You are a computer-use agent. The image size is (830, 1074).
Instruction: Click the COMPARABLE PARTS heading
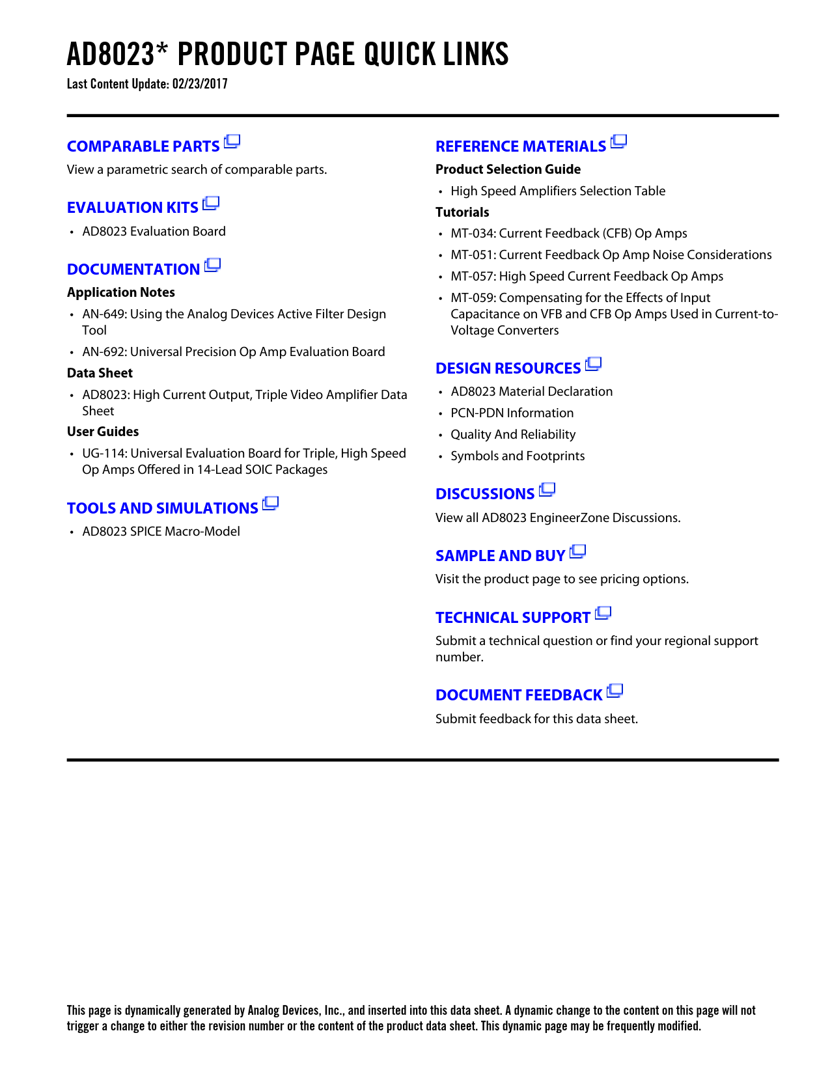(x=143, y=146)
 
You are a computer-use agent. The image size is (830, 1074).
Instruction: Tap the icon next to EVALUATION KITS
(x=211, y=204)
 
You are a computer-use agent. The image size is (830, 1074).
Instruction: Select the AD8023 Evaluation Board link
(x=154, y=231)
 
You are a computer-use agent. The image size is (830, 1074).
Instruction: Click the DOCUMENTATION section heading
(x=133, y=269)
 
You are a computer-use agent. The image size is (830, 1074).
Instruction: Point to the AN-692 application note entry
(x=233, y=351)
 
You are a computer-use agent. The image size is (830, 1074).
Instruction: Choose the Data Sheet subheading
(x=100, y=373)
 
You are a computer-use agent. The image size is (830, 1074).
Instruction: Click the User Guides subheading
(x=103, y=432)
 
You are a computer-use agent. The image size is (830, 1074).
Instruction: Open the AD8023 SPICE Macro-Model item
(x=161, y=531)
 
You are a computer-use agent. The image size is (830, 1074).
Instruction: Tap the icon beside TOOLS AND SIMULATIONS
(x=271, y=504)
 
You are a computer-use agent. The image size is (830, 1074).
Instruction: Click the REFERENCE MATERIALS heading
(x=521, y=146)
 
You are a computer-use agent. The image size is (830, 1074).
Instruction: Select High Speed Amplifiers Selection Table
(x=558, y=191)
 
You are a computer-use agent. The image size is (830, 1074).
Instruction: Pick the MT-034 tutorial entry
(x=568, y=233)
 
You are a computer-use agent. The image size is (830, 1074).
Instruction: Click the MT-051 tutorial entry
(x=611, y=255)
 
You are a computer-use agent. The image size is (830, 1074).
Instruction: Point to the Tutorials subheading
(x=462, y=212)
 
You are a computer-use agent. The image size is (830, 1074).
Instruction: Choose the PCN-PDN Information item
(x=512, y=413)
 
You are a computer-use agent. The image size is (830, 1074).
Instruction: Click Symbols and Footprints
(x=518, y=456)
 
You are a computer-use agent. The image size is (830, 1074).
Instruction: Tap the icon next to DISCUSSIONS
(x=547, y=489)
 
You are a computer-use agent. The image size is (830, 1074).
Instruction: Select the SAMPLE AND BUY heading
(x=500, y=556)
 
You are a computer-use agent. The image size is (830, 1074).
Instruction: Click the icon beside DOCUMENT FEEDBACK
(x=615, y=691)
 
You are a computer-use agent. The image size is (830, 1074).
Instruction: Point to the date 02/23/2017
(x=200, y=84)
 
